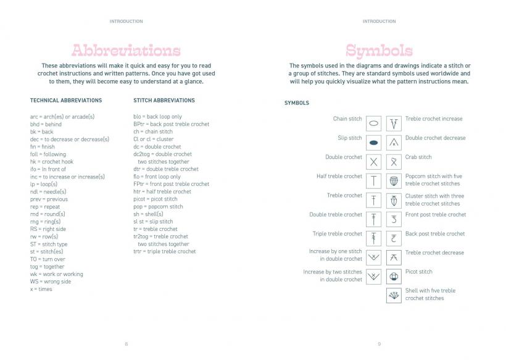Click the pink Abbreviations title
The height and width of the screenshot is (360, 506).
[126, 51]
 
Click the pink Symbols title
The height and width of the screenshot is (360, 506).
[379, 51]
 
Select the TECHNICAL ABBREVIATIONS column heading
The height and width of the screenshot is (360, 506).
[66, 100]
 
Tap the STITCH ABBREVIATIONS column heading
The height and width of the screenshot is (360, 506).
[164, 100]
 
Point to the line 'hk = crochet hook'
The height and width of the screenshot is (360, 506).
[51, 162]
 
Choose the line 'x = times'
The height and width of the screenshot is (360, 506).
[41, 289]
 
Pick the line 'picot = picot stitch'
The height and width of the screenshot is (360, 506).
[155, 199]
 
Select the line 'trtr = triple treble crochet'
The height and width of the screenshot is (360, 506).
[164, 251]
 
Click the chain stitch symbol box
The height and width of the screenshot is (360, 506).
[374, 123]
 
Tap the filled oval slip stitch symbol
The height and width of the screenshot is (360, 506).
[374, 143]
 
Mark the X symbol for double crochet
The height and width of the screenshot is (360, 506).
[374, 162]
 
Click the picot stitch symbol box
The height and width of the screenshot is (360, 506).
[394, 276]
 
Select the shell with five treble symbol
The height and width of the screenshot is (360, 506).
[394, 295]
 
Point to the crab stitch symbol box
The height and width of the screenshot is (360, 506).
[394, 162]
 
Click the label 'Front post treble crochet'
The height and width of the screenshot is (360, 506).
[436, 214]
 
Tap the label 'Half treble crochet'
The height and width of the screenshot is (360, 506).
[336, 176]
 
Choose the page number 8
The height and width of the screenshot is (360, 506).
[126, 344]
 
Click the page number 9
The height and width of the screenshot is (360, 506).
[379, 344]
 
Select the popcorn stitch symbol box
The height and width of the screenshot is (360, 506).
[394, 181]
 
